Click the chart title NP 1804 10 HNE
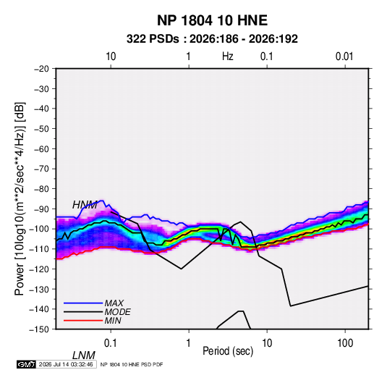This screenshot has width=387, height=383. pos(212,20)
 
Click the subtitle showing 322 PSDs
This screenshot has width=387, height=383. pos(212,39)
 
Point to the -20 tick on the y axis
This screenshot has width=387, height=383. pos(41,69)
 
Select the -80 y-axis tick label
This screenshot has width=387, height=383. pos(41,189)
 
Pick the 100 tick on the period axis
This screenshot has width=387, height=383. pos(345,343)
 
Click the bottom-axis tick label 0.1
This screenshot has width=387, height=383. pos(111,343)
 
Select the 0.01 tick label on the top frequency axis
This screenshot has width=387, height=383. pos(344,56)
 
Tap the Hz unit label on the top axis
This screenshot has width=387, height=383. pos(228,56)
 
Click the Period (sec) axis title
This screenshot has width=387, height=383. pos(228,351)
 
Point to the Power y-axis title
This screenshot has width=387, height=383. pos(20,198)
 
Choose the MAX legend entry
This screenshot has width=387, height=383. pos(114,303)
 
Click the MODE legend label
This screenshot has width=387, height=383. pos(117,312)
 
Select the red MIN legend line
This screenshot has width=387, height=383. pos(83,321)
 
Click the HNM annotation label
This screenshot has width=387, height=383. pos(85,205)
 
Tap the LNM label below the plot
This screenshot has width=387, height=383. pos(83,355)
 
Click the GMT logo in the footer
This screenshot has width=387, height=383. pos(27,364)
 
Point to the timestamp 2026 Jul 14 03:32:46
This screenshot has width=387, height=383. pos(66,364)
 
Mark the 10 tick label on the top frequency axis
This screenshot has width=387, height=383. pos(111,56)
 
